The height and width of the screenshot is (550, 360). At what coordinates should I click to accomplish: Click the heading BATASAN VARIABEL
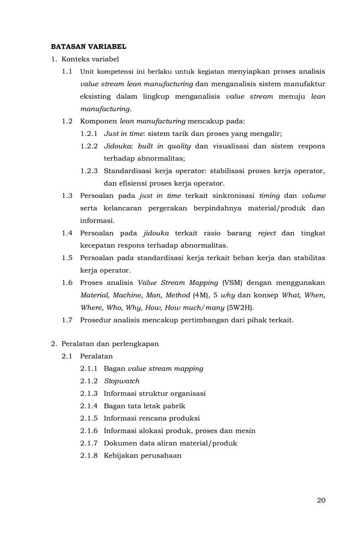coord(88,47)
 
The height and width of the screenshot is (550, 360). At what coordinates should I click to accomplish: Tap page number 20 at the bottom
coord(321,500)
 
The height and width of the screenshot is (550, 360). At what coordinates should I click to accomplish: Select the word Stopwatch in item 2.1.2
coord(122,381)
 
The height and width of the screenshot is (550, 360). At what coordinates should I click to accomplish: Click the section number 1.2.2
coord(89,146)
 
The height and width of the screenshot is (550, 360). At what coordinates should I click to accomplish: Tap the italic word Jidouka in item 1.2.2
coord(117,146)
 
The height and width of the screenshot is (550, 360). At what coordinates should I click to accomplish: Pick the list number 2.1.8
coord(89,455)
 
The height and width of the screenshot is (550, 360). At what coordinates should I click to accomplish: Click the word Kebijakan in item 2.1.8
coord(121,455)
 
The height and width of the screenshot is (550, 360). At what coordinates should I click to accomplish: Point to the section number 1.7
coord(67,320)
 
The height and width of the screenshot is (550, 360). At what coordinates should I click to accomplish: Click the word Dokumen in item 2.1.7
coord(119,443)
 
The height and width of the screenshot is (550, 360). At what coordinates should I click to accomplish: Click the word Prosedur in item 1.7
coord(95,320)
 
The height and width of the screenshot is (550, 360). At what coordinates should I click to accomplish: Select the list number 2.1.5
coord(89,418)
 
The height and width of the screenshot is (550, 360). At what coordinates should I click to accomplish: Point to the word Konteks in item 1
coord(75,59)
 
